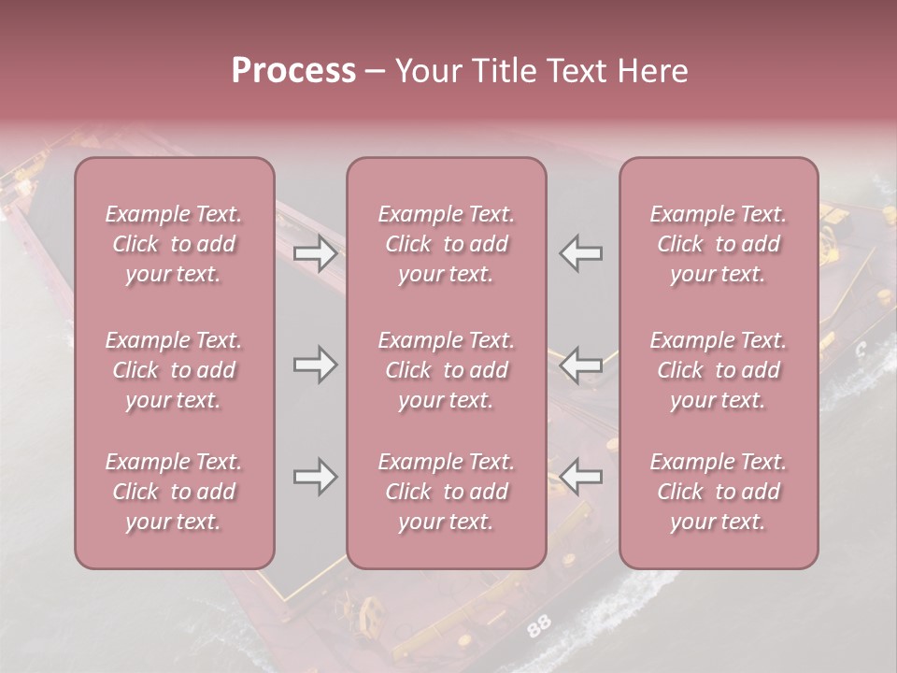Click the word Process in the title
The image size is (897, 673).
point(293,71)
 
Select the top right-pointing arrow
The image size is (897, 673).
point(315,253)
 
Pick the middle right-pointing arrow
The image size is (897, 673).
point(315,364)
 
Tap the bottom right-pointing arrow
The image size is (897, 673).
point(315,478)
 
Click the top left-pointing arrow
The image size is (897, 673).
point(581,253)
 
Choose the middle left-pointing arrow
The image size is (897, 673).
point(581,364)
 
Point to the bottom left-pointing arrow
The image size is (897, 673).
point(581,478)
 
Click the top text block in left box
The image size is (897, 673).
point(174,244)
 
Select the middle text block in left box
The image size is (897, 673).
point(174,370)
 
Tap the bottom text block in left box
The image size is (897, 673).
point(174,492)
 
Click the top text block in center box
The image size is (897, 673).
point(446,244)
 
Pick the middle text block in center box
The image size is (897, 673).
point(446,370)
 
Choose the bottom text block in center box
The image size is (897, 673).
point(446,492)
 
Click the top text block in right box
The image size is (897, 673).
point(718,244)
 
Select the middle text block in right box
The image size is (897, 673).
point(718,370)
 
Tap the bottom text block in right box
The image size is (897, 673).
point(718,492)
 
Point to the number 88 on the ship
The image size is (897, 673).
point(538,626)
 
